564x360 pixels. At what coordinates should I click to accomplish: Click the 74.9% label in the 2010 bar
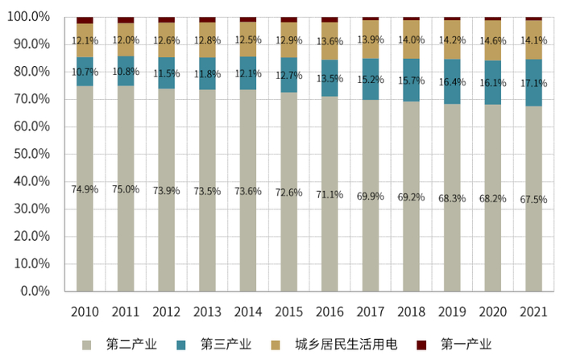85,189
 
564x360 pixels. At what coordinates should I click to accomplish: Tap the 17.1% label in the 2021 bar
533,83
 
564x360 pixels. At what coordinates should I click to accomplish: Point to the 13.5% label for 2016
330,79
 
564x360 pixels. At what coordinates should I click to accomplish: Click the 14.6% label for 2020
492,40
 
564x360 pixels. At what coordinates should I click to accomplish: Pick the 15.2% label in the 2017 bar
370,80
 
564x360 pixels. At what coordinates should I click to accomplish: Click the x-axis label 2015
288,311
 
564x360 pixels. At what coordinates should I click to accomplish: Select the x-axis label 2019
451,311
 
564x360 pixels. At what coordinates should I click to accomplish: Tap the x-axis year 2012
166,311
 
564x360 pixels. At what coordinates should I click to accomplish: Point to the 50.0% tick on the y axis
31,154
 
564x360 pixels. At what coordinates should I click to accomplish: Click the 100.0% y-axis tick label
28,17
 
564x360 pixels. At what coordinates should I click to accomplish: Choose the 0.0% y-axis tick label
35,291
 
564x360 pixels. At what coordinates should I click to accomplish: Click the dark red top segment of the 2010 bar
85,20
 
